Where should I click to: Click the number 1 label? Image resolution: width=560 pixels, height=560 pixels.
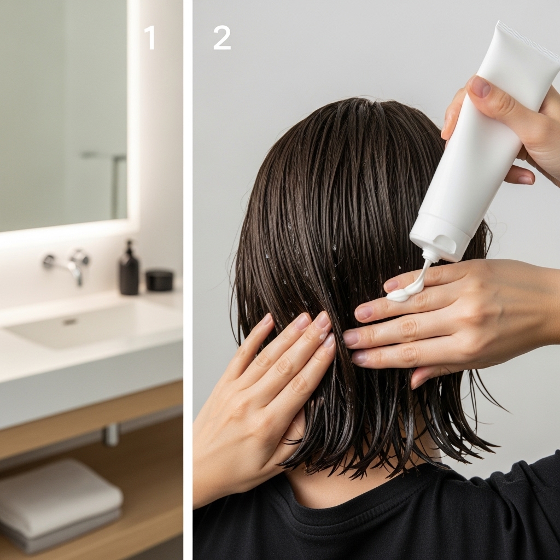coord(150,37)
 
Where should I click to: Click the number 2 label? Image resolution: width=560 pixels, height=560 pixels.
coord(221,37)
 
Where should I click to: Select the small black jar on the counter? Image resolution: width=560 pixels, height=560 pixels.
coord(160,281)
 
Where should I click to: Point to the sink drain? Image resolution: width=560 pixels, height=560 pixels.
coord(69,322)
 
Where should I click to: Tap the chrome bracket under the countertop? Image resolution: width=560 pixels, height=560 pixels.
coord(112,435)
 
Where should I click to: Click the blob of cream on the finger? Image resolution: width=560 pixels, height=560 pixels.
coord(402,294)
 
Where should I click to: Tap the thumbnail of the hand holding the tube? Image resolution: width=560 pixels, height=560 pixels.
coord(480,86)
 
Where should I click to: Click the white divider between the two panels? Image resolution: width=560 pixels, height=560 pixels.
coord(188,280)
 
